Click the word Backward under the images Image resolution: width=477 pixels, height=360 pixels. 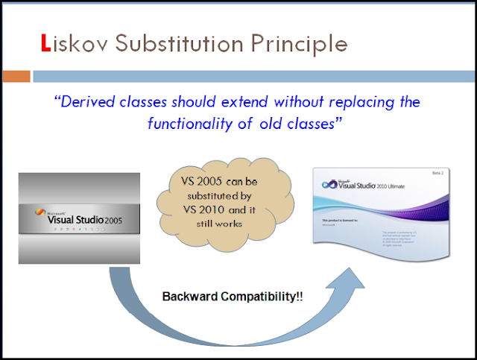point(189,296)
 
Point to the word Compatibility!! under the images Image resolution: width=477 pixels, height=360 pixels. point(256,296)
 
